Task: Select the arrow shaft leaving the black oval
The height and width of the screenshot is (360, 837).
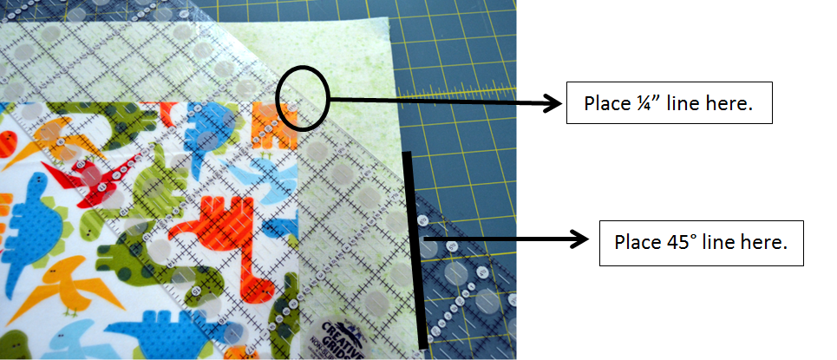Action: coord(434,101)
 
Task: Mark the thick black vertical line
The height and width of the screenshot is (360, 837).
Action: coord(415,247)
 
